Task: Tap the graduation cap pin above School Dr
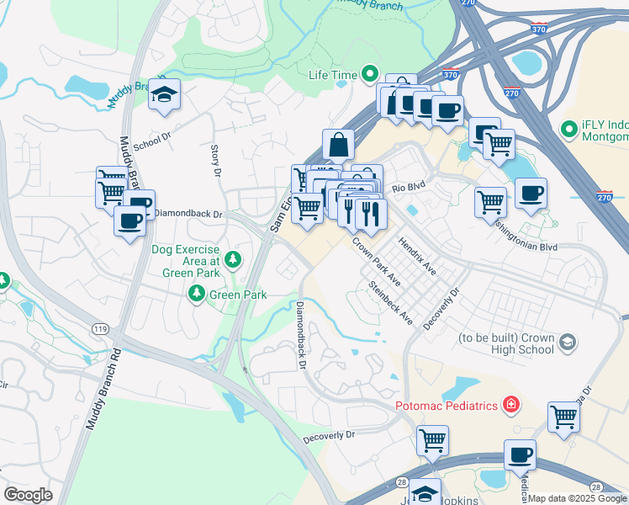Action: pyautogui.click(x=165, y=95)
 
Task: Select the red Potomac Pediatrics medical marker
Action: pyautogui.click(x=510, y=406)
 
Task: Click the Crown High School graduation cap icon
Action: pyautogui.click(x=568, y=342)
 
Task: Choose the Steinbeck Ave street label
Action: pyautogui.click(x=391, y=303)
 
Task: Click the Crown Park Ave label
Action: pyautogui.click(x=375, y=262)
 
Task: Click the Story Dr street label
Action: pyautogui.click(x=214, y=160)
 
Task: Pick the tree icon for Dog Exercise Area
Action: pyautogui.click(x=233, y=260)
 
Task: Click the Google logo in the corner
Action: pyautogui.click(x=28, y=495)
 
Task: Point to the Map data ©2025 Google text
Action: pyautogui.click(x=577, y=499)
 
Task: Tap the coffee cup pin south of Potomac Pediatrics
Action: pyautogui.click(x=520, y=455)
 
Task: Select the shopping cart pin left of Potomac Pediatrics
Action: pyautogui.click(x=432, y=439)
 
